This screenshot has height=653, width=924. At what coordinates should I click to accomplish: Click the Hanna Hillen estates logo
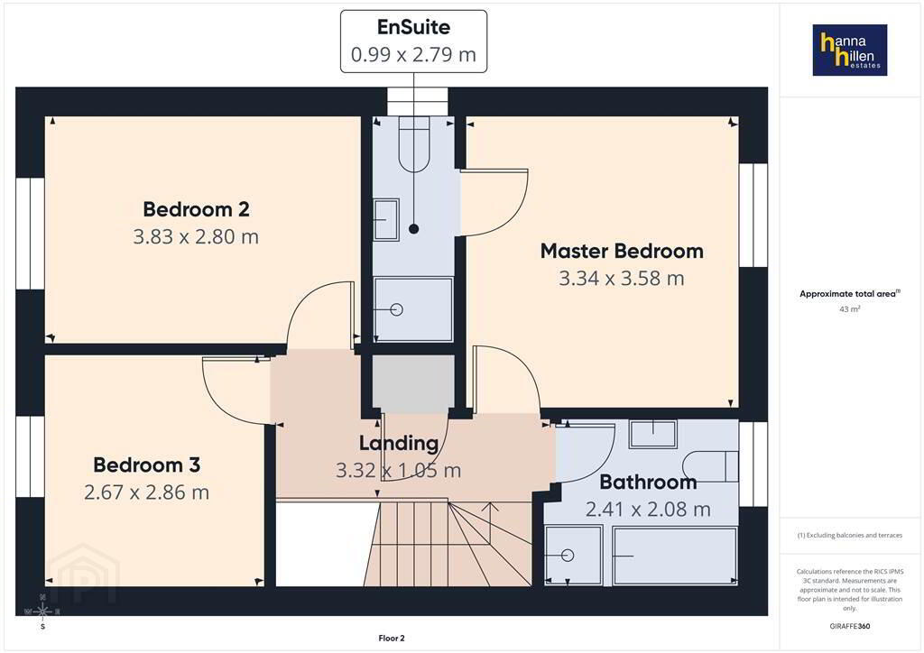click(850, 50)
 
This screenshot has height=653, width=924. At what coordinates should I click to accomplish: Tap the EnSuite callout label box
click(413, 41)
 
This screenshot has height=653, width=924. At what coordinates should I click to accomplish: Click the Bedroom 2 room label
click(196, 209)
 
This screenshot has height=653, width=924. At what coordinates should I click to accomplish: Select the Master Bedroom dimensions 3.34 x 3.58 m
click(622, 278)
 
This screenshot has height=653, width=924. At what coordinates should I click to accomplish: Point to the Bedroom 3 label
click(147, 464)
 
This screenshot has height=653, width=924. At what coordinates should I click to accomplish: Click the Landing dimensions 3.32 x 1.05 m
click(398, 470)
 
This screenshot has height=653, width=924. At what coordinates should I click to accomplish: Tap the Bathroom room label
click(648, 483)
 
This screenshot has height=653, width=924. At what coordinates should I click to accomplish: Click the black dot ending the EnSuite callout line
click(413, 228)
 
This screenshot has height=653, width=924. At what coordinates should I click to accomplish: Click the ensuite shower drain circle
click(397, 309)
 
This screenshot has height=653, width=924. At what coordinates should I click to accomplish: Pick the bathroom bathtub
click(675, 556)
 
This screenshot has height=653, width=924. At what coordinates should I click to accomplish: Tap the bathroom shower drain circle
click(568, 555)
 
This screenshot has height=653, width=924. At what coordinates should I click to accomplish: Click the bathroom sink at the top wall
click(653, 433)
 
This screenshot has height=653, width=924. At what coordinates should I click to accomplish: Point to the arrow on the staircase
click(492, 506)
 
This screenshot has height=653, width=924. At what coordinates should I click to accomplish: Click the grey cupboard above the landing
click(413, 383)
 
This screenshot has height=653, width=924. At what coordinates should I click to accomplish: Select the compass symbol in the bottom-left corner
click(42, 612)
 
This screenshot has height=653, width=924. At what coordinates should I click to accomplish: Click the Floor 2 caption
click(392, 639)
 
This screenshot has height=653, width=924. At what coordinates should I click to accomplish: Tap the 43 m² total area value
click(850, 308)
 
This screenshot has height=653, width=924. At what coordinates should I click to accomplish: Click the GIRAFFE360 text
click(850, 626)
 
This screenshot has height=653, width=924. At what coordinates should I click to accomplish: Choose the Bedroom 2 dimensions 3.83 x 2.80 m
click(196, 236)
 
